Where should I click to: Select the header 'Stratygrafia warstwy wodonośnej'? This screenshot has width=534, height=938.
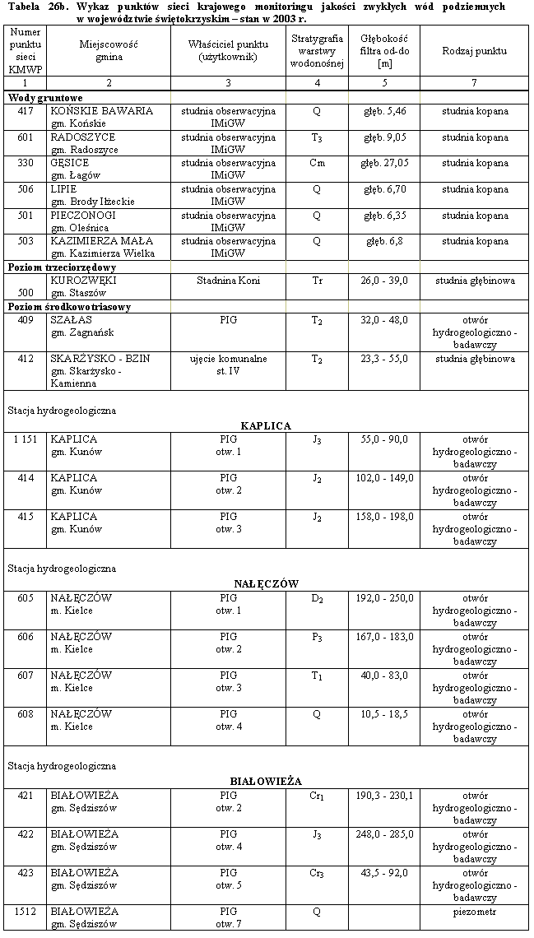[317, 51]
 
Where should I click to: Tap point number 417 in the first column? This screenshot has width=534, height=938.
[25, 110]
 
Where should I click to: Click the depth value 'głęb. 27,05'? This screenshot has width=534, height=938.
[384, 163]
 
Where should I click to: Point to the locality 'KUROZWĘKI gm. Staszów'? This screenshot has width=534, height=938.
[84, 286]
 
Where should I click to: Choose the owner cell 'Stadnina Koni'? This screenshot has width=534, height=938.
[228, 281]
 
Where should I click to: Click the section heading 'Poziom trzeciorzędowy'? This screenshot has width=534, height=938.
[62, 267]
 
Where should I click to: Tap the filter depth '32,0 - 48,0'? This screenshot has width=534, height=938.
[384, 320]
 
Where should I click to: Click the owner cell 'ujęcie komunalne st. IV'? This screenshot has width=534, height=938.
[228, 365]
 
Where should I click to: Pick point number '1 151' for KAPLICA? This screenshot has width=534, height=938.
[25, 439]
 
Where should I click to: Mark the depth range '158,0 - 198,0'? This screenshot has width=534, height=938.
[384, 517]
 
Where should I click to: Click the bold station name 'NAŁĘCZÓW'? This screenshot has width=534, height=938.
[266, 583]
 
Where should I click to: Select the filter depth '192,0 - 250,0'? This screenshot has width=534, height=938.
[384, 597]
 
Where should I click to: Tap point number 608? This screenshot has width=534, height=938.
[25, 713]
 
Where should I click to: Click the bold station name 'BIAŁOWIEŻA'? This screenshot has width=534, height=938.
[266, 781]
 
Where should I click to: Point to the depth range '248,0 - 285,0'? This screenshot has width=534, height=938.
[384, 834]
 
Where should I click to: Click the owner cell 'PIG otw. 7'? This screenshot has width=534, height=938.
[228, 918]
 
